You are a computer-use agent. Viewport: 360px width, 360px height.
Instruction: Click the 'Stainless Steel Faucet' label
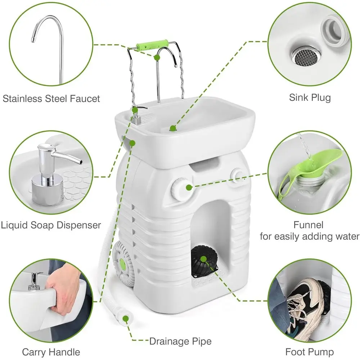click(x=51, y=98)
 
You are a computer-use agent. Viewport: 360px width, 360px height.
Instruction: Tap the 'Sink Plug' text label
click(x=310, y=97)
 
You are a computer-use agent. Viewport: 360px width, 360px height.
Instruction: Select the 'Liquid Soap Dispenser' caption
click(x=50, y=225)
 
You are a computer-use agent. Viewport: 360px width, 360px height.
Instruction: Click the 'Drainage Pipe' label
click(x=180, y=341)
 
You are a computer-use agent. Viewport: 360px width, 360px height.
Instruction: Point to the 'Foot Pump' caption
click(x=310, y=351)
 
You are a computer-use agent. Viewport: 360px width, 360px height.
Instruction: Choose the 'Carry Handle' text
click(x=51, y=351)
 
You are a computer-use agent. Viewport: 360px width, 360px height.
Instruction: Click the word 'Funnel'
click(x=309, y=225)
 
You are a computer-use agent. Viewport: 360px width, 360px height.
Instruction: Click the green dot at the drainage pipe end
click(x=126, y=318)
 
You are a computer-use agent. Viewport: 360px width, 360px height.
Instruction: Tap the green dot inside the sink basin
click(x=173, y=127)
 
